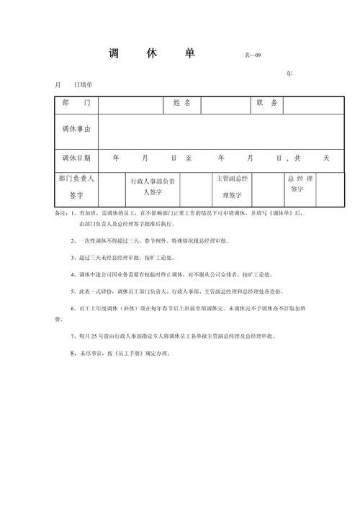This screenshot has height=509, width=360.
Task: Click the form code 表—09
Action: point(255,55)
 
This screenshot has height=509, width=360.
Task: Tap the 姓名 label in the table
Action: point(181,104)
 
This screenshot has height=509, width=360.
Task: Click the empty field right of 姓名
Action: point(225,104)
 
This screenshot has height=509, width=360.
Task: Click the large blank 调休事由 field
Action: point(217,130)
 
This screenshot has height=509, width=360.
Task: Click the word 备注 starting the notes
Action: point(61,214)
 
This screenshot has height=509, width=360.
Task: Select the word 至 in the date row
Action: point(189,158)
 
